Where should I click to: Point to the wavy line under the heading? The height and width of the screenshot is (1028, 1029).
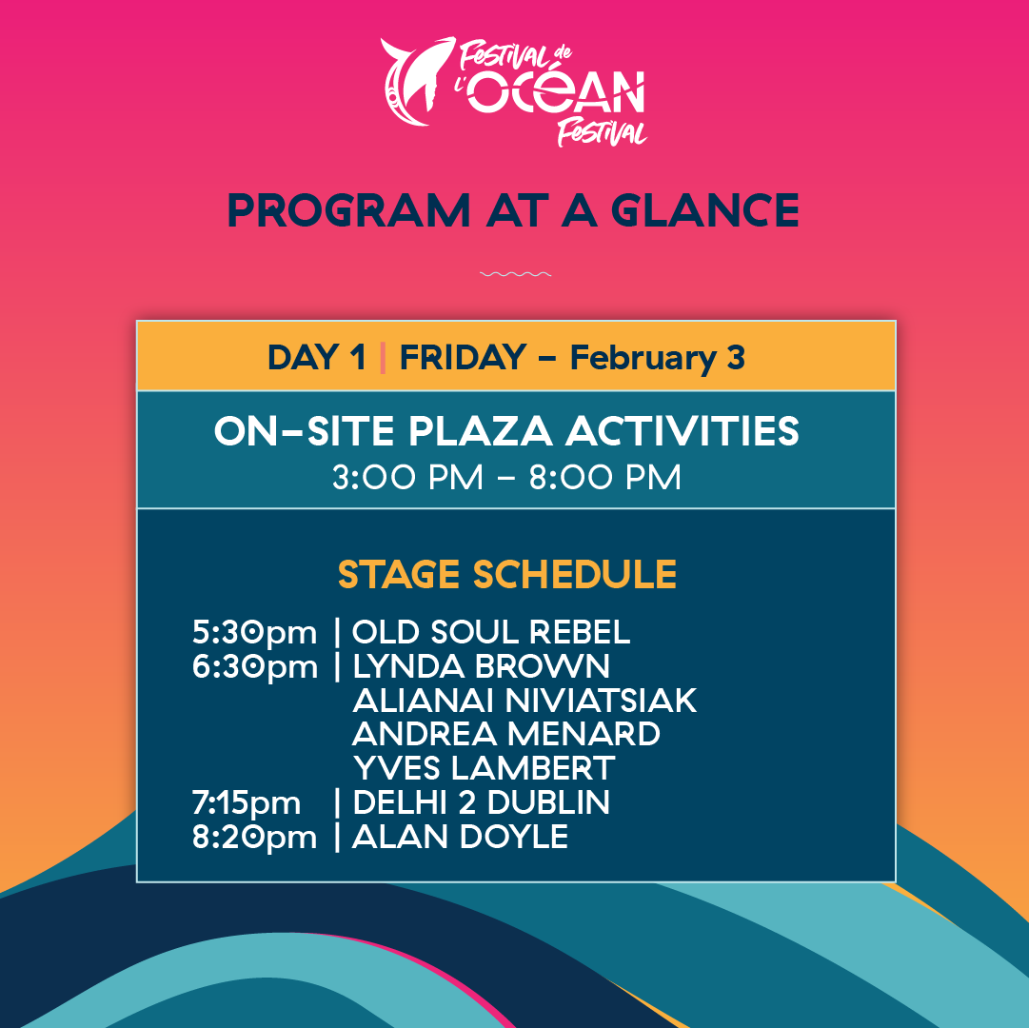click(515, 275)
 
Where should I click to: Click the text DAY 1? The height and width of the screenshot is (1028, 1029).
click(317, 357)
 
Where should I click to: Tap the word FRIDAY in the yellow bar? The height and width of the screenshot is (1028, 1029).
click(463, 357)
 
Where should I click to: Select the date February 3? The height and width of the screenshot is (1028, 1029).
click(657, 358)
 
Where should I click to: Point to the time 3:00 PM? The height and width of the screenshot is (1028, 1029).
click(407, 477)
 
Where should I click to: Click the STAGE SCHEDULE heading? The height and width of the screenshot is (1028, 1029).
click(507, 575)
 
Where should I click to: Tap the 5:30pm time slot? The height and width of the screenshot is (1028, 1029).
click(254, 632)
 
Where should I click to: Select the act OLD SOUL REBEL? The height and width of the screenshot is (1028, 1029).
click(491, 631)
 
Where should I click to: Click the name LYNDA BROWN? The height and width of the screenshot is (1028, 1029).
click(481, 665)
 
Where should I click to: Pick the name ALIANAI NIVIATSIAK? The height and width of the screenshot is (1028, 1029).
click(524, 700)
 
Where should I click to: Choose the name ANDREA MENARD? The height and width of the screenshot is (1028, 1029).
click(506, 734)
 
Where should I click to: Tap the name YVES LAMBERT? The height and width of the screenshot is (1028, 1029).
click(484, 768)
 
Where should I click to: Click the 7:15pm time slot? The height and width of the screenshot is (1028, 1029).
click(247, 802)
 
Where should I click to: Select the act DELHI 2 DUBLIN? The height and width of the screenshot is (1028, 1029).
click(481, 802)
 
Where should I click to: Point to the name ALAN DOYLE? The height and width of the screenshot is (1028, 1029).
click(460, 837)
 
